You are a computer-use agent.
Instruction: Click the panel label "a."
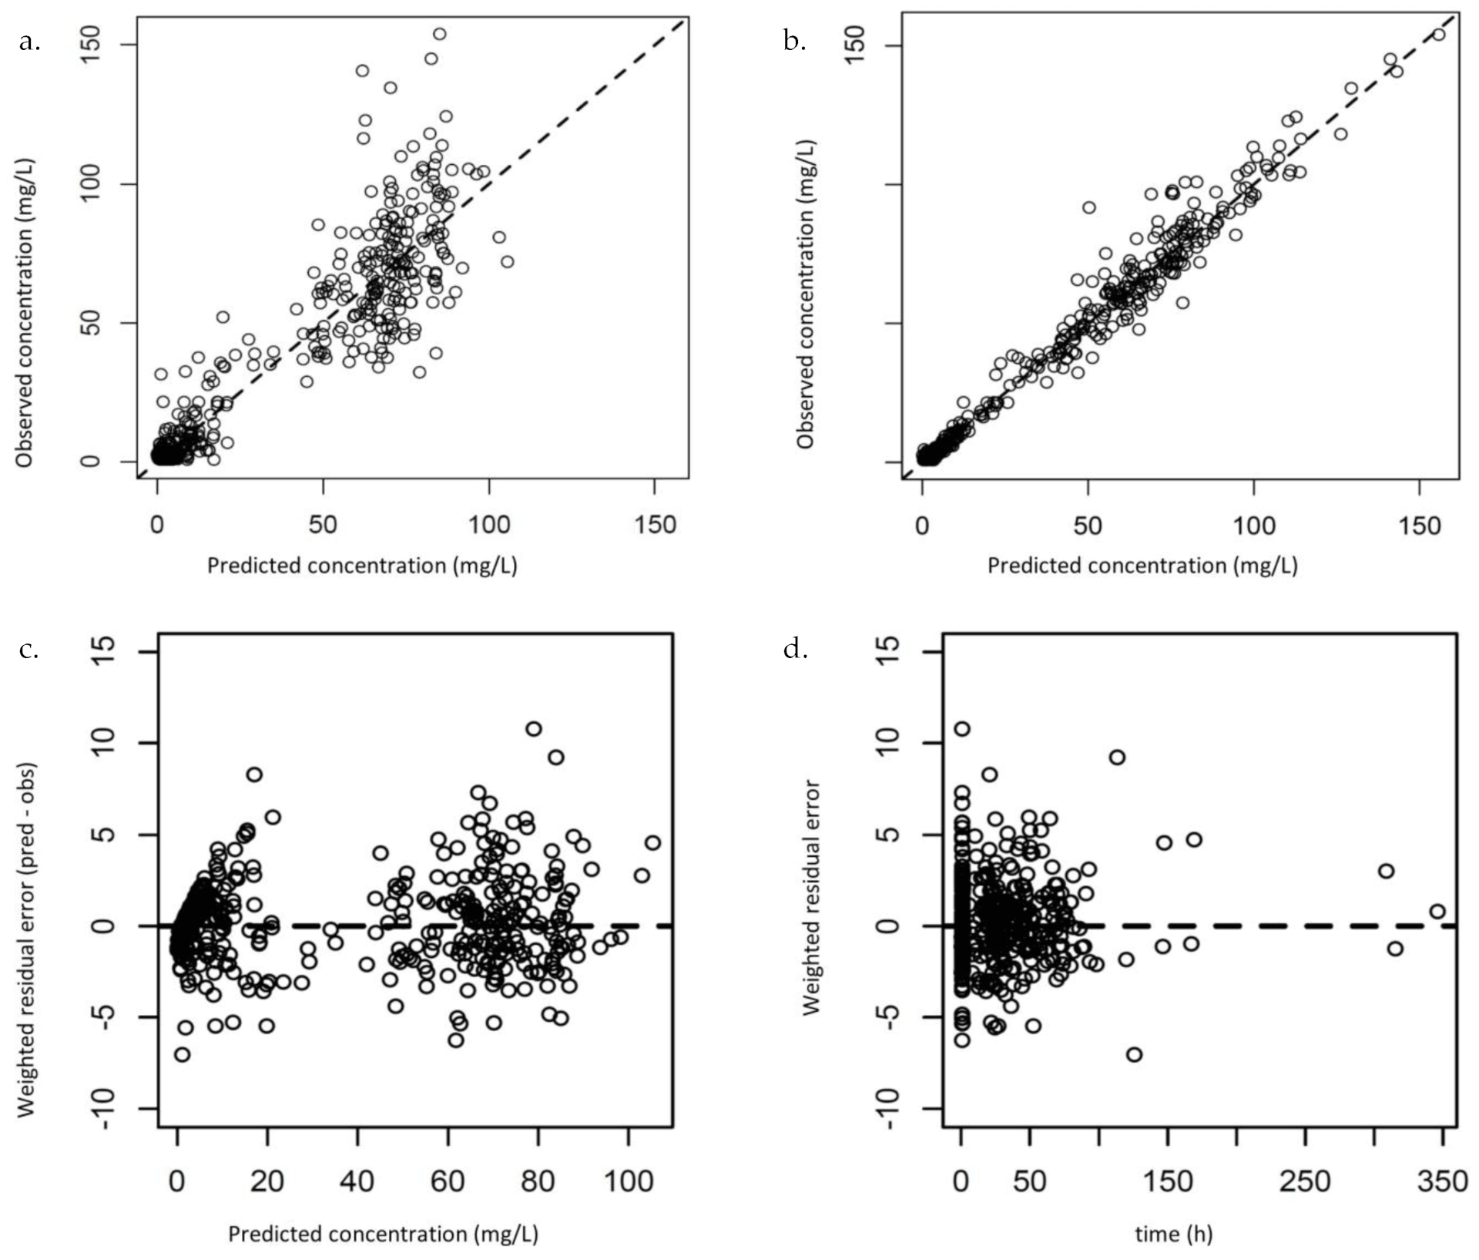[x=29, y=42]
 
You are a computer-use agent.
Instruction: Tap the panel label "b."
[x=794, y=42]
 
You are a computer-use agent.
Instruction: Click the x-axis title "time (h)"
[x=1173, y=1234]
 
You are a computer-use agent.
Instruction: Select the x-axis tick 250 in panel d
[x=1305, y=1181]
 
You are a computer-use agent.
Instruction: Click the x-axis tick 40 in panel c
[x=357, y=1181]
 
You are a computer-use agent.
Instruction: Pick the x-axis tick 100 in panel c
[x=628, y=1181]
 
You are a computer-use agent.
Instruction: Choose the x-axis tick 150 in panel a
[x=654, y=526]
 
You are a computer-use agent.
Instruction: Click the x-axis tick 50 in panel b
[x=1088, y=526]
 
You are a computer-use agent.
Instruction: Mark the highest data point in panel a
[x=439, y=34]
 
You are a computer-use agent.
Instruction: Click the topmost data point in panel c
[x=533, y=728]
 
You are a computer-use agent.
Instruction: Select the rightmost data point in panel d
[x=1437, y=911]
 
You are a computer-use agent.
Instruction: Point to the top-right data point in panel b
[x=1438, y=34]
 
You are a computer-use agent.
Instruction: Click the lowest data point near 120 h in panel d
[x=1134, y=1054]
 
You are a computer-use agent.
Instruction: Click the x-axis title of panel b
[x=1142, y=566]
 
